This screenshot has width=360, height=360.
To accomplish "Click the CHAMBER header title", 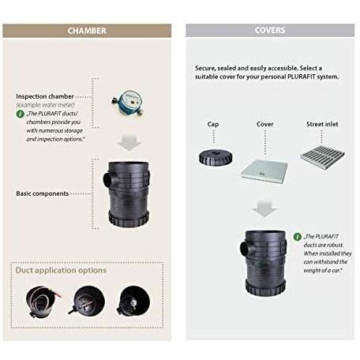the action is click(x=87, y=31).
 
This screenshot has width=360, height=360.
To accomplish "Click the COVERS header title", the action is click(x=270, y=30).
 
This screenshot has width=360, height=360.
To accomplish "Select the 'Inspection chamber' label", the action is click(x=45, y=96).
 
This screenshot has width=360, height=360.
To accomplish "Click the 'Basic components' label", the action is click(x=42, y=193).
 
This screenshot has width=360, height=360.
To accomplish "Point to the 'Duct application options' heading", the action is click(x=61, y=270).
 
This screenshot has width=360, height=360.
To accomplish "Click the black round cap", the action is click(x=216, y=157).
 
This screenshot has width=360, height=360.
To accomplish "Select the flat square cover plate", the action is click(x=264, y=171).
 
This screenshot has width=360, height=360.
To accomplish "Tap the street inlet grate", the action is click(x=322, y=157).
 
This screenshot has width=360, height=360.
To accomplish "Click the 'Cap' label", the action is click(x=213, y=124).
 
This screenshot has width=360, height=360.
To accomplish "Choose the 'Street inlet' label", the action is click(x=322, y=124).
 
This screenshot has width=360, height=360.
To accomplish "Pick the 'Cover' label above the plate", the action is click(x=264, y=124).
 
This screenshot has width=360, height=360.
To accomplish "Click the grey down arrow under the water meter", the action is click(x=129, y=142).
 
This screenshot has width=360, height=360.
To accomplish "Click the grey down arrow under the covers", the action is click(x=264, y=208).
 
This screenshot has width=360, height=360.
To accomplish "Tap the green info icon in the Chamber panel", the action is click(x=20, y=114).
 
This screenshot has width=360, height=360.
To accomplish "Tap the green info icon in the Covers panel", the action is click(x=298, y=237).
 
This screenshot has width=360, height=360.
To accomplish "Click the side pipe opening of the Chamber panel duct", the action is click(x=107, y=179).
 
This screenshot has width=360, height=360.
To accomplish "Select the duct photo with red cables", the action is click(x=42, y=302).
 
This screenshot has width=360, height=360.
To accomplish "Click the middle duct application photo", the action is click(x=88, y=301).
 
